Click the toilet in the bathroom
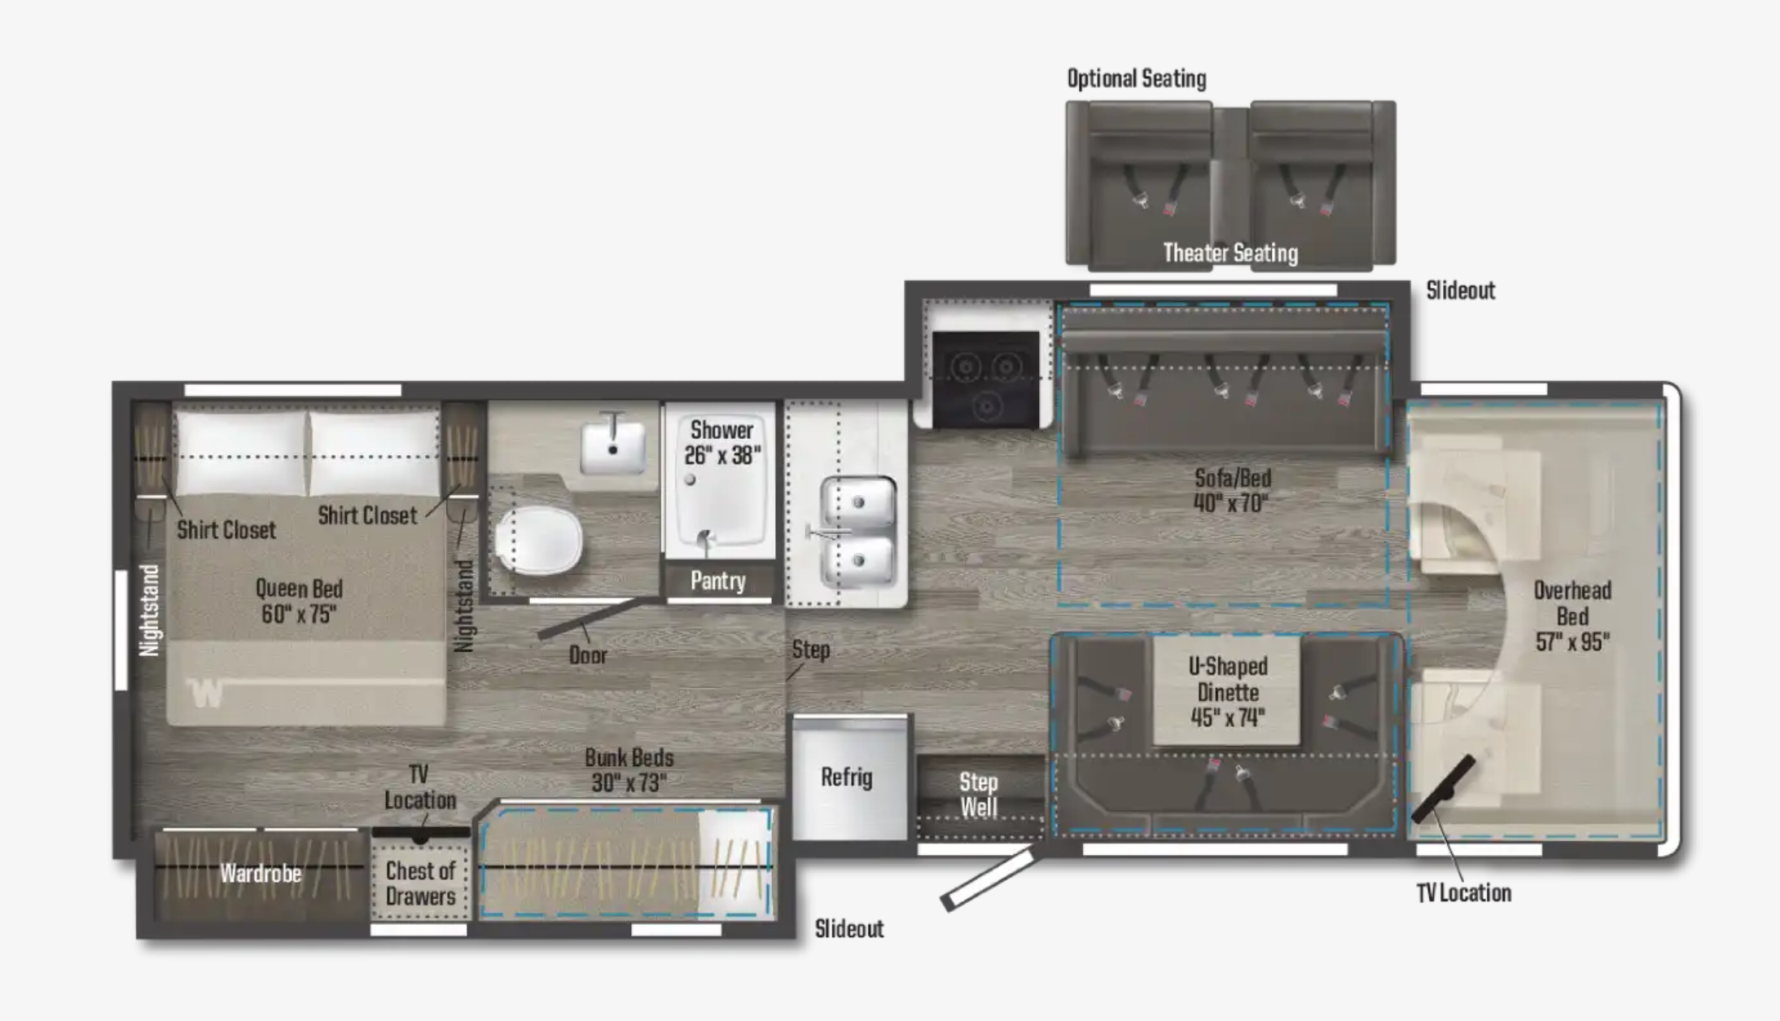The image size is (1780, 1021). point(538,539)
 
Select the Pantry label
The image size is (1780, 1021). point(717,581)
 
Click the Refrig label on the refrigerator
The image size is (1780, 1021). point(846,777)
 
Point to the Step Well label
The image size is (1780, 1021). point(978,795)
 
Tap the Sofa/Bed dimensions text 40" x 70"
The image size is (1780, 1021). point(1231,502)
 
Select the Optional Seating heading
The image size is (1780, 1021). point(1137,78)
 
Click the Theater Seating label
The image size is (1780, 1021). point(1230,252)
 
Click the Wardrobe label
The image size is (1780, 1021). point(261,874)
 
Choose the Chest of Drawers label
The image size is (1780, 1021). point(420,883)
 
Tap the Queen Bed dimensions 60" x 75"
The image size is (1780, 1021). point(299,614)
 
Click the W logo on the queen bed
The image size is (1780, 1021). point(205,693)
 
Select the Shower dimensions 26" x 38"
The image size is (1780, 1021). point(722,455)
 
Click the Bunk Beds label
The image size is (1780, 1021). point(629,757)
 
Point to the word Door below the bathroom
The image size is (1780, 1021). point(588,655)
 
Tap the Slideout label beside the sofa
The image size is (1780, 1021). point(1460,291)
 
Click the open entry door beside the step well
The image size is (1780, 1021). point(988,879)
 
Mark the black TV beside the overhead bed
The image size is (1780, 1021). point(1443,789)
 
